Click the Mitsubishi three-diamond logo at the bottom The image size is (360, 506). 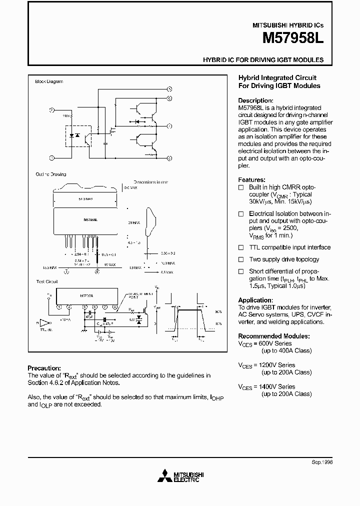(x=163, y=477)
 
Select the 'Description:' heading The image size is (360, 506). (x=255, y=100)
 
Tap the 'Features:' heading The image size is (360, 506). (x=251, y=180)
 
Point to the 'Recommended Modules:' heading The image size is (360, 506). (x=273, y=336)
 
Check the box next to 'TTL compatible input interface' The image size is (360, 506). (x=240, y=247)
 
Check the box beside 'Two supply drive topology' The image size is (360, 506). (x=240, y=259)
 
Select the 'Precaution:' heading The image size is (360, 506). (x=44, y=368)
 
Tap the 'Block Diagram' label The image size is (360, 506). (x=49, y=81)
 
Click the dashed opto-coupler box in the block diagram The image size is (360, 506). (x=77, y=136)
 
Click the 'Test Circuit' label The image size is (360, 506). (x=46, y=282)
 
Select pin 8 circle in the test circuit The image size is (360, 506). (x=115, y=306)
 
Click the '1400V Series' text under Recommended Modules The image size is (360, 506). (x=277, y=386)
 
